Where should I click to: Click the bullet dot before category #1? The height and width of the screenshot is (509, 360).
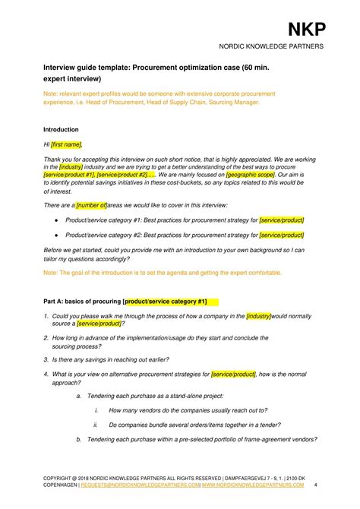[x=57, y=220]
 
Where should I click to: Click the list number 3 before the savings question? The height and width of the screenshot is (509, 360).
[x=46, y=359]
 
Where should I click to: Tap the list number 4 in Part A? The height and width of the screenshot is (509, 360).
[x=46, y=374]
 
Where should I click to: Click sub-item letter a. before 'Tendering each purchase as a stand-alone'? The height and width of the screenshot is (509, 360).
[x=79, y=397]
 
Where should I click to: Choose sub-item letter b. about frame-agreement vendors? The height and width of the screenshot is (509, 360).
[x=79, y=439]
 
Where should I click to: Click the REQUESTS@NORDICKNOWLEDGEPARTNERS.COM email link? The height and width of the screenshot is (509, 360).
[x=152, y=484]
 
